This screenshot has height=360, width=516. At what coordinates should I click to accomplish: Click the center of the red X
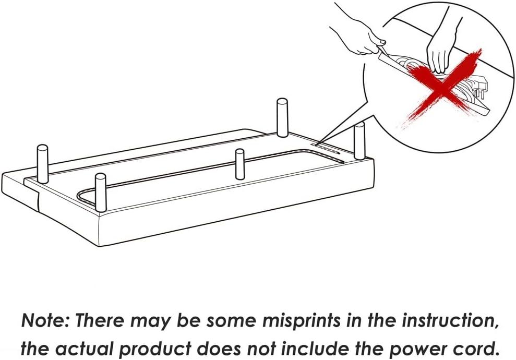(443, 86)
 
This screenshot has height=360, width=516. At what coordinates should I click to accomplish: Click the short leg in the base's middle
(240, 164)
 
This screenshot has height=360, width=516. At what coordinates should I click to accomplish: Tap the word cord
(472, 349)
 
